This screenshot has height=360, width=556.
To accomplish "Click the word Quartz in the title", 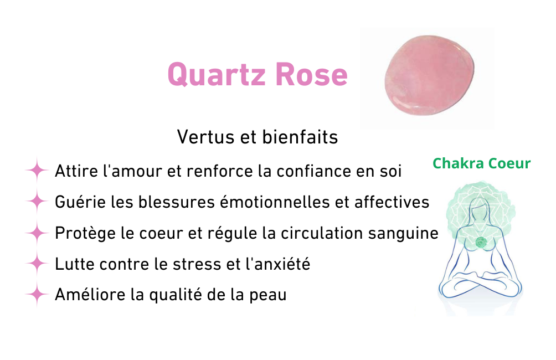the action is pos(217,75).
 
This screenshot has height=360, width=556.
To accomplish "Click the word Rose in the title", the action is pos(311,74).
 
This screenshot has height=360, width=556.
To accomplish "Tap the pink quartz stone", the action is pos(429,75).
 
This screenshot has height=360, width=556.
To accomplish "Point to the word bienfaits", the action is pos(300,137).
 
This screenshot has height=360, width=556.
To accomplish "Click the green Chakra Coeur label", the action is pos(482,163).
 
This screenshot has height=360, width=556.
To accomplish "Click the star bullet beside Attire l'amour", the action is pos(37,171).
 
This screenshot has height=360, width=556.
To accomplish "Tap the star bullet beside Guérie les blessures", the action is pos(37,202).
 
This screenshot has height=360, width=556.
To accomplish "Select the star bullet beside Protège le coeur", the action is pos(37,233).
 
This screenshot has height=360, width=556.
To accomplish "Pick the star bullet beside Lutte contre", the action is pos(37,264).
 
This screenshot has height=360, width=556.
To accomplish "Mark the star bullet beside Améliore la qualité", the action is pos(37,295).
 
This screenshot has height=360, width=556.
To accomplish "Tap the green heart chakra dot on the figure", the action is pos(481,243).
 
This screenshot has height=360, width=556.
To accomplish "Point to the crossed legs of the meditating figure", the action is pos(480,284).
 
